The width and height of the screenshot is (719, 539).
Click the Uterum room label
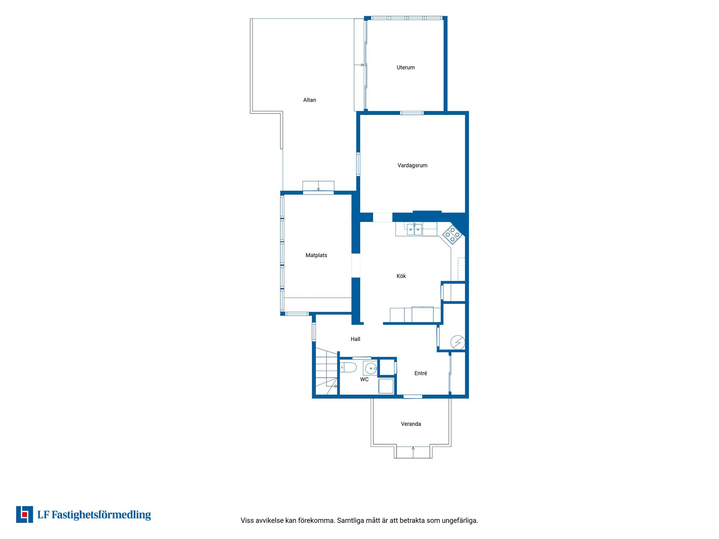tap(406, 68)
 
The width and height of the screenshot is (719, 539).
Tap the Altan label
tap(309, 100)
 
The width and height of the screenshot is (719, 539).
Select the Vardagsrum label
tap(412, 165)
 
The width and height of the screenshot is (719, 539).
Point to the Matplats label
tap(316, 255)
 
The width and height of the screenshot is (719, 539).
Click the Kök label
tap(401, 276)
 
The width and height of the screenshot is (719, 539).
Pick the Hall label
tap(355, 339)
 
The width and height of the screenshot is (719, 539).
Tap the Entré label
tap(421, 373)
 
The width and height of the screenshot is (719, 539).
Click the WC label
tap(364, 380)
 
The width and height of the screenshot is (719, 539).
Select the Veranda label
tap(411, 424)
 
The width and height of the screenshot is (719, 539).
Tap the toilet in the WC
tap(348, 368)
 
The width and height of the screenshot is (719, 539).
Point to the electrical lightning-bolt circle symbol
tap(458, 342)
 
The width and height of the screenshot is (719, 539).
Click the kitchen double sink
tap(415, 229)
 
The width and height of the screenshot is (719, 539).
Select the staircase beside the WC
tap(327, 371)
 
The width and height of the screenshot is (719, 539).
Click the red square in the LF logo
tap(25, 515)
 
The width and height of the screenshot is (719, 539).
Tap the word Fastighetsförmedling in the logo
tap(101, 515)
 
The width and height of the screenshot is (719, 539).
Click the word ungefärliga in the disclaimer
tap(460, 521)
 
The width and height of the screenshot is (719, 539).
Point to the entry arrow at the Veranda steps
tap(413, 452)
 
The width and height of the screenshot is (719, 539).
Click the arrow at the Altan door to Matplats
tap(318, 186)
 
